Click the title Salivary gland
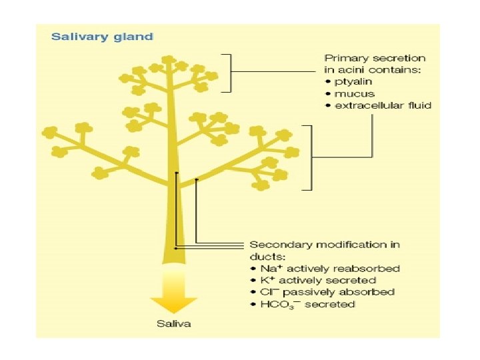tap(102, 37)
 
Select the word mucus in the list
tap(355, 93)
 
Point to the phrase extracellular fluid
tap(383, 105)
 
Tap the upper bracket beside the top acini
tap(230, 72)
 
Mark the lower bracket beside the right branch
tap(309, 157)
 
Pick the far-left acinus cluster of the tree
tap(50, 133)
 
